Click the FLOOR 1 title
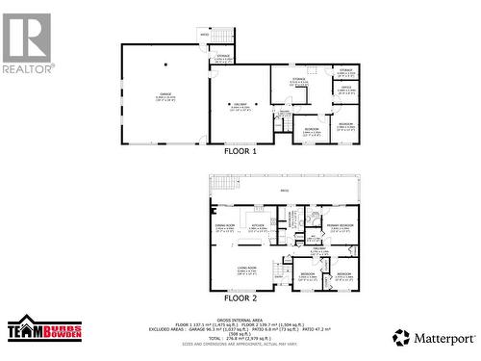coord(240,151)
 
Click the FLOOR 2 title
coord(240,298)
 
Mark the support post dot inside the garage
coord(165,65)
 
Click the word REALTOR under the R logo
coord(28,69)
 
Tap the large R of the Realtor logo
coord(27,37)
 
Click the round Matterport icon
coord(400,337)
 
